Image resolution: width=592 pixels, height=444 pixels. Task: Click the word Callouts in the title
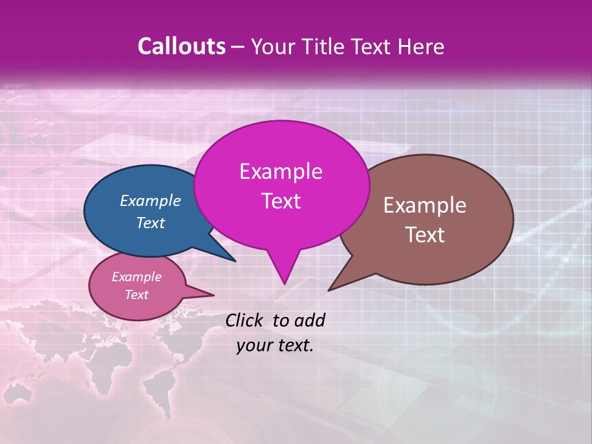(x=181, y=46)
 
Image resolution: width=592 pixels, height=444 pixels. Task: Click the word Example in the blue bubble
(x=150, y=200)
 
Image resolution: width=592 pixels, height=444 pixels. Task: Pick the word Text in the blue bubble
(x=150, y=223)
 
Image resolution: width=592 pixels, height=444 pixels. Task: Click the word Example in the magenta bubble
(x=281, y=171)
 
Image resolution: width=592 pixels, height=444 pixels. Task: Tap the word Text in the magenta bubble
(x=281, y=201)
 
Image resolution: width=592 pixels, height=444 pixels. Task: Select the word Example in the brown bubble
(x=425, y=205)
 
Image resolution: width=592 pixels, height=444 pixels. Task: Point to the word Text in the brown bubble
(x=425, y=235)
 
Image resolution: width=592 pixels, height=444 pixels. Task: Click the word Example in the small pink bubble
(x=137, y=277)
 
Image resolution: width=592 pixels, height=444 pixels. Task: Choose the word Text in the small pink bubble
(x=137, y=295)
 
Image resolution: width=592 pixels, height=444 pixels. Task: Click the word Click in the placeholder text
(x=245, y=320)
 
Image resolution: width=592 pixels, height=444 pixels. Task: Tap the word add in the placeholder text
(x=310, y=320)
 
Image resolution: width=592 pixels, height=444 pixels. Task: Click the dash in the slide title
(x=239, y=47)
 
